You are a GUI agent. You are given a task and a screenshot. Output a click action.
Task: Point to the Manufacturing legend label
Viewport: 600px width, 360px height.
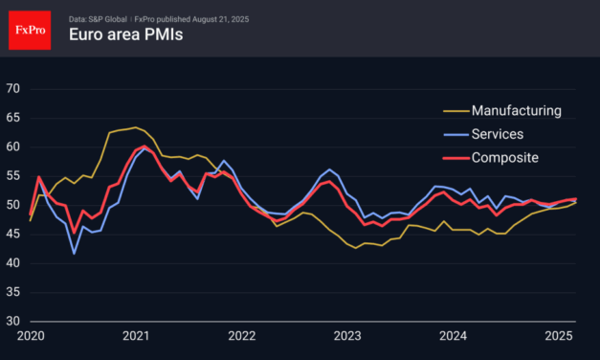(x=516, y=110)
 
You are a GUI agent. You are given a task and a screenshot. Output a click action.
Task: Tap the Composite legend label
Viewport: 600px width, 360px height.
(x=505, y=157)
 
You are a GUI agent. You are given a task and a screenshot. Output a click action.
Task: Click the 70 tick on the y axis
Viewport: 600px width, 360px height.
(x=13, y=89)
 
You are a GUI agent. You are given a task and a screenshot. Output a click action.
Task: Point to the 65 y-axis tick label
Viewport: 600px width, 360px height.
(x=13, y=118)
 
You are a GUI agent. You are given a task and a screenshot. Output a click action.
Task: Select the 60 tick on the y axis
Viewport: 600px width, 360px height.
(x=13, y=146)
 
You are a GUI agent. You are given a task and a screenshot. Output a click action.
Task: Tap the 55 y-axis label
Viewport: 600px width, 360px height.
(x=13, y=176)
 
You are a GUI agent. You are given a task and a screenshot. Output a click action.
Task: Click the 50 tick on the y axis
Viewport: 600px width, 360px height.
(x=13, y=205)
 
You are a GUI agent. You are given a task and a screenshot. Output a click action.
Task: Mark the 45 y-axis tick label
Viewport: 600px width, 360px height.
(x=13, y=234)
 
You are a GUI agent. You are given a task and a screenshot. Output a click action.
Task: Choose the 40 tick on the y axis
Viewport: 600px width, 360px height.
(x=13, y=263)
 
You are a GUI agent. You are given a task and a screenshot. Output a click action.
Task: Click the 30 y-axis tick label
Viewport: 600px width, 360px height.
(x=13, y=321)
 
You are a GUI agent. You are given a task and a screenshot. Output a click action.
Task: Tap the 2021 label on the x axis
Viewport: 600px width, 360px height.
(x=136, y=336)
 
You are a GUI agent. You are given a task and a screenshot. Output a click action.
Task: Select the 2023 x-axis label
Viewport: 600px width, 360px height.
(x=347, y=336)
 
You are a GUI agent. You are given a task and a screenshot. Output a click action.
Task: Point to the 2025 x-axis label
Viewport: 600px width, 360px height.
(x=559, y=336)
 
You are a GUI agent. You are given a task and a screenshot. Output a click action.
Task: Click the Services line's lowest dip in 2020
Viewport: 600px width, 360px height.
(x=75, y=254)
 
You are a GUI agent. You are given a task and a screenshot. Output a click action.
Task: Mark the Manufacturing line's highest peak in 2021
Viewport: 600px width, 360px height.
(x=135, y=126)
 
